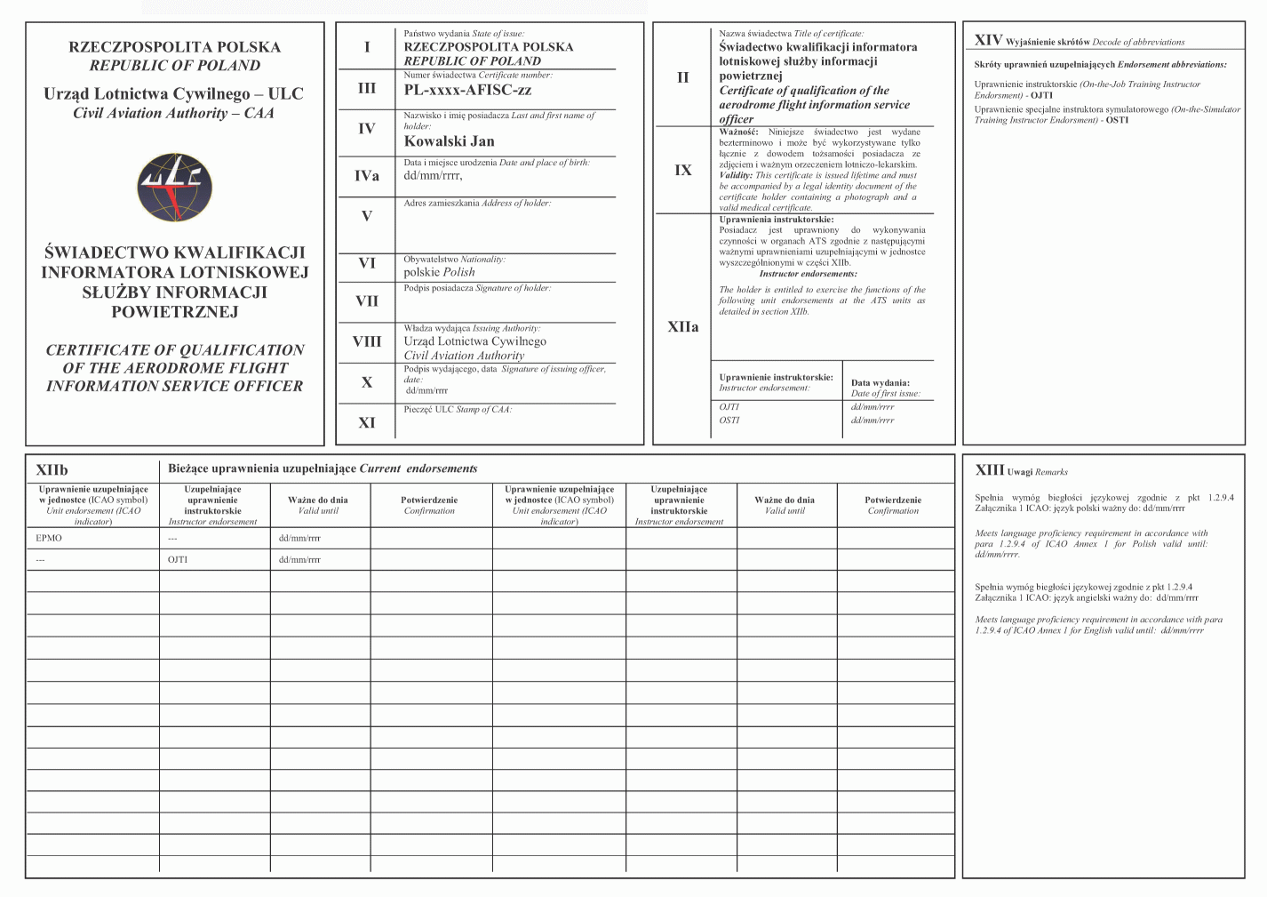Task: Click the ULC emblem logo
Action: [175, 188]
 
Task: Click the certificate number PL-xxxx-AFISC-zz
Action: [467, 90]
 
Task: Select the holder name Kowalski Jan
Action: [449, 141]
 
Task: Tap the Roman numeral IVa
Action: [367, 176]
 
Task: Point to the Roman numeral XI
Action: [367, 423]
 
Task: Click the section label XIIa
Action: [682, 327]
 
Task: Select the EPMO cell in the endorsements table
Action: [49, 539]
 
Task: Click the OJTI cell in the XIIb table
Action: [178, 560]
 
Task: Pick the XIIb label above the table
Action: [52, 470]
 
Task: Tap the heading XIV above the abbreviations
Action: [988, 40]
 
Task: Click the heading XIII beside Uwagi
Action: [990, 470]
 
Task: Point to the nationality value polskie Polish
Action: [439, 272]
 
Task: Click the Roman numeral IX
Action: [682, 170]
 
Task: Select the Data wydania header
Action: [880, 383]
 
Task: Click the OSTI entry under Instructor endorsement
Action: [729, 420]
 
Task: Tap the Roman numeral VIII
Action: [367, 341]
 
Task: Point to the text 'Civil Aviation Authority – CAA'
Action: [174, 113]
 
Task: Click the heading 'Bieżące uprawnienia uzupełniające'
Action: [262, 469]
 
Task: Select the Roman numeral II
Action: [682, 77]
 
